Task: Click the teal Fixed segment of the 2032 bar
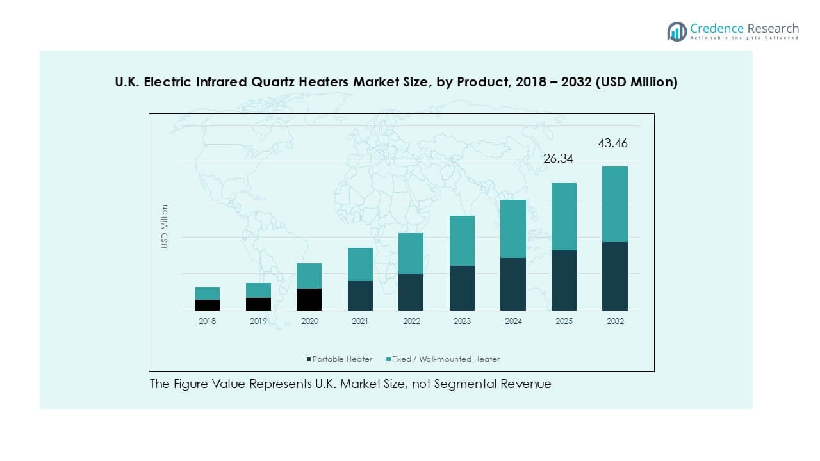pyautogui.click(x=615, y=204)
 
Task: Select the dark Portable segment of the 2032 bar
pyautogui.click(x=615, y=276)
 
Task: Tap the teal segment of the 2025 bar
pyautogui.click(x=564, y=216)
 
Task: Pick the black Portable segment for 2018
pyautogui.click(x=207, y=305)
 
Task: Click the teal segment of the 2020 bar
pyautogui.click(x=309, y=276)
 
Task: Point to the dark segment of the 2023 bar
pyautogui.click(x=462, y=288)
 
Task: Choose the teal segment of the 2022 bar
pyautogui.click(x=411, y=254)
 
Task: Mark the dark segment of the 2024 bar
pyautogui.click(x=513, y=284)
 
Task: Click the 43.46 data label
pyautogui.click(x=612, y=143)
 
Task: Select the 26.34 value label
pyautogui.click(x=558, y=158)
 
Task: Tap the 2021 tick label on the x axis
pyautogui.click(x=360, y=321)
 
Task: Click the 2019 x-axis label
pyautogui.click(x=258, y=321)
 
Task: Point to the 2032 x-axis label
pyautogui.click(x=615, y=321)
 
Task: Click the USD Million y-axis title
pyautogui.click(x=165, y=226)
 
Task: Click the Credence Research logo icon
pyautogui.click(x=676, y=31)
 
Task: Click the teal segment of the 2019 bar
pyautogui.click(x=258, y=290)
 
